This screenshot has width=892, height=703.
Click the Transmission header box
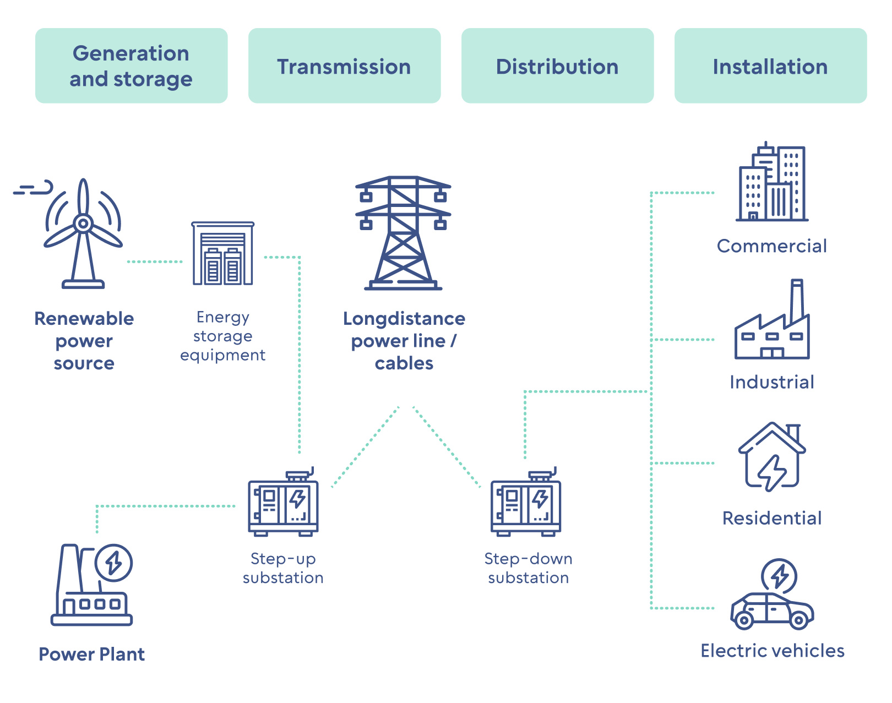(x=344, y=66)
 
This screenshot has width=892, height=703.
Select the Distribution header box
(x=557, y=66)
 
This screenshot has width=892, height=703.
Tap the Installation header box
(x=770, y=66)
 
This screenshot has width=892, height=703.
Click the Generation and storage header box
(x=131, y=66)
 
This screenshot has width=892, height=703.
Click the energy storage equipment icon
(x=223, y=254)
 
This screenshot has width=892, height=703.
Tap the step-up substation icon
(x=283, y=504)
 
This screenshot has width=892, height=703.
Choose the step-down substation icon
(x=526, y=504)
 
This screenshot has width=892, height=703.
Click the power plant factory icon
(x=92, y=586)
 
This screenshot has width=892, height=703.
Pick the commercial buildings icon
(x=772, y=183)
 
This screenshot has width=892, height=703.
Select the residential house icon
(x=772, y=457)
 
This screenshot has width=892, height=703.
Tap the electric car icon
(x=772, y=610)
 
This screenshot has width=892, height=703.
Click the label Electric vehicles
(x=772, y=651)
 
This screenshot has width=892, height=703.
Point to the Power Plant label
(x=92, y=654)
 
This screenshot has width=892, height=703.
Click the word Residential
(x=772, y=518)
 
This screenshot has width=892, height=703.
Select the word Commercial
(x=772, y=246)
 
